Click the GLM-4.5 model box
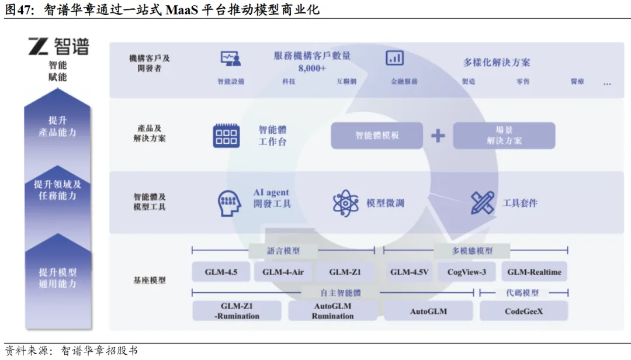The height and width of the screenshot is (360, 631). pyautogui.click(x=221, y=272)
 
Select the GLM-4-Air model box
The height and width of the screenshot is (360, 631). pyautogui.click(x=283, y=272)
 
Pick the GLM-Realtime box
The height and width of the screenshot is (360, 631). pyautogui.click(x=534, y=272)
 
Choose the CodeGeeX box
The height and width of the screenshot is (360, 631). pyautogui.click(x=523, y=311)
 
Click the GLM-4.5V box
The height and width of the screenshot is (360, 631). pyautogui.click(x=410, y=272)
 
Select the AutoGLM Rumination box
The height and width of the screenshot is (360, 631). pyautogui.click(x=332, y=311)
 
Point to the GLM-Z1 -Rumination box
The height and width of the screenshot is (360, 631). pyautogui.click(x=237, y=311)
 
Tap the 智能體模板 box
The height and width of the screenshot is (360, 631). pyautogui.click(x=377, y=136)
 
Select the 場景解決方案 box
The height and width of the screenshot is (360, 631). pyautogui.click(x=504, y=136)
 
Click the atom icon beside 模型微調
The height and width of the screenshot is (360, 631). pyautogui.click(x=345, y=203)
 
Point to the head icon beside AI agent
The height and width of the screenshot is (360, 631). pyautogui.click(x=230, y=202)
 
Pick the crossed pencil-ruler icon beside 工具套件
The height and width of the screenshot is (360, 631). pyautogui.click(x=483, y=203)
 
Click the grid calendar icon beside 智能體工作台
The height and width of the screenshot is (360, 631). pyautogui.click(x=226, y=136)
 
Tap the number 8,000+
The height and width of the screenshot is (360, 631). pyautogui.click(x=312, y=68)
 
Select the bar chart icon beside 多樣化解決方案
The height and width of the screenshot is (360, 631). pyautogui.click(x=395, y=58)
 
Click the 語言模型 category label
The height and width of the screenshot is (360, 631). pyautogui.click(x=283, y=251)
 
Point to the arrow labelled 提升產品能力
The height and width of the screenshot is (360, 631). pyautogui.click(x=57, y=127)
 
